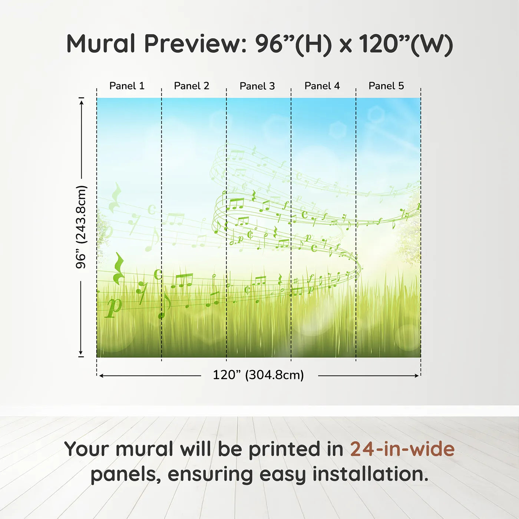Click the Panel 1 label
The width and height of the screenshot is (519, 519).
pos(127,86)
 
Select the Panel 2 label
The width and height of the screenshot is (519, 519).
pos(191,86)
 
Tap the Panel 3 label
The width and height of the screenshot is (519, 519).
pos(257,86)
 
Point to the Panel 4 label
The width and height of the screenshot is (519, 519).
pos(322,86)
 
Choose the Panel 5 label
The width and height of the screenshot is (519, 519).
pos(386,86)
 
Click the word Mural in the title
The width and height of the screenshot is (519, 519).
pos(101,44)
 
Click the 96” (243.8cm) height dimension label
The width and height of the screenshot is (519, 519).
pos(81,227)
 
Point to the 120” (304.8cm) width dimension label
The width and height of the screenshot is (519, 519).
pos(258,375)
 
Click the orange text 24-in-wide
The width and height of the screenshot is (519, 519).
pos(402,449)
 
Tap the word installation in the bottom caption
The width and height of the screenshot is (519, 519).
pos(370,474)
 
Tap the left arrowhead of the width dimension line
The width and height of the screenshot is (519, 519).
pos(101,376)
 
